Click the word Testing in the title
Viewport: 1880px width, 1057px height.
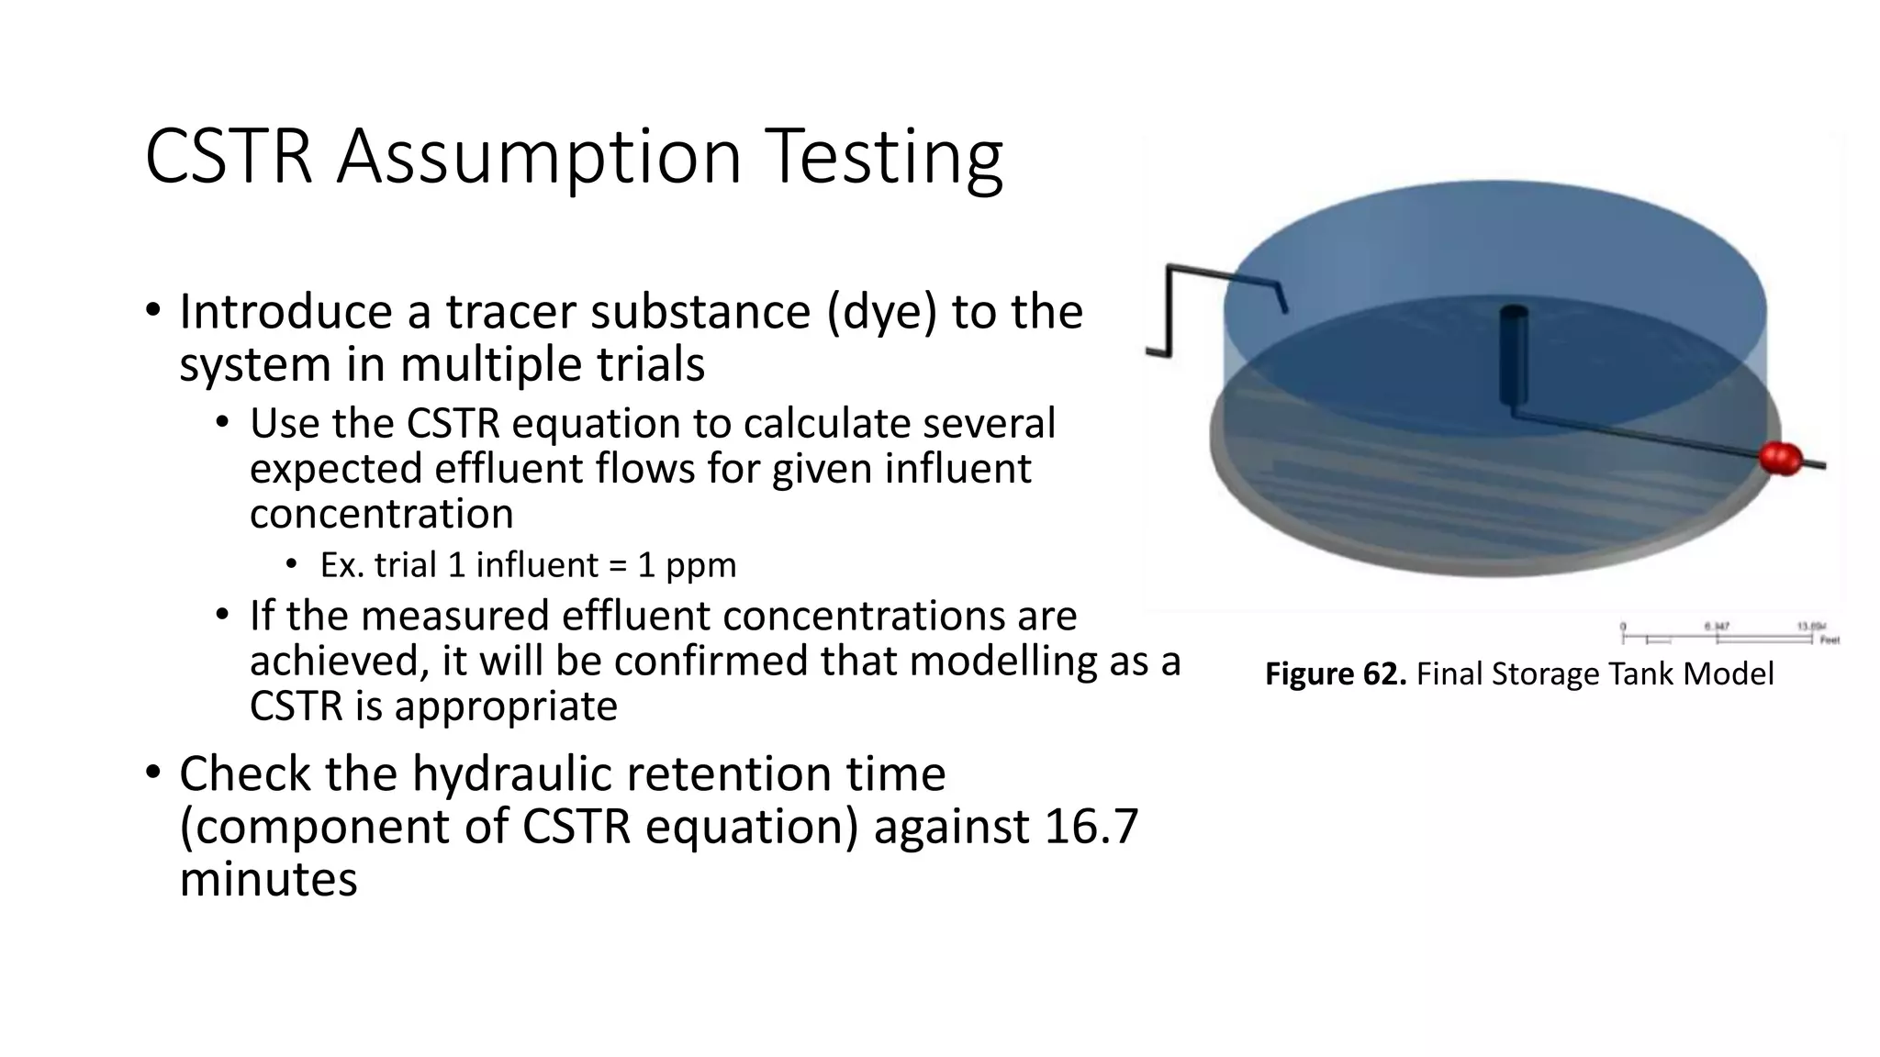tap(883, 158)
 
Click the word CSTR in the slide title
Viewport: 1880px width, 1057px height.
tap(229, 158)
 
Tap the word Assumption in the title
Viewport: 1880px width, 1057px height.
tap(540, 158)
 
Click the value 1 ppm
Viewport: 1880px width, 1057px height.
tap(687, 565)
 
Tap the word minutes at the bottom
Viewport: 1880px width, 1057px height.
tap(268, 879)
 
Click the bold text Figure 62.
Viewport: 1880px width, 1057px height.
tap(1335, 674)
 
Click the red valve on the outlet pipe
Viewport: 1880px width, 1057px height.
tap(1781, 458)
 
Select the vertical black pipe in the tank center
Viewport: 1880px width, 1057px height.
tap(1513, 358)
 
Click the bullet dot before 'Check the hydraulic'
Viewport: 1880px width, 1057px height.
tap(152, 773)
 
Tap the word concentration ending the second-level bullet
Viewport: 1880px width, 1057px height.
tap(381, 514)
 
